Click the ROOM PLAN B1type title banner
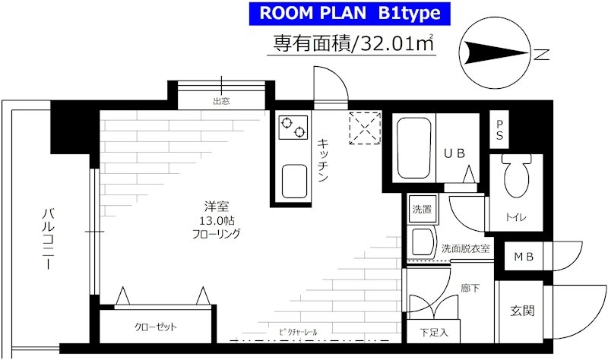pyautogui.click(x=350, y=14)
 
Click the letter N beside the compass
pyautogui.click(x=541, y=55)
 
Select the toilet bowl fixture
pyautogui.click(x=517, y=175)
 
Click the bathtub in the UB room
pyautogui.click(x=414, y=148)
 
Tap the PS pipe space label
pyautogui.click(x=499, y=130)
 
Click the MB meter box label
pyautogui.click(x=524, y=257)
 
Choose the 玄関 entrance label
pyautogui.click(x=522, y=311)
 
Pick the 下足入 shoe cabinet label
pyautogui.click(x=434, y=332)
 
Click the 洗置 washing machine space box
pyautogui.click(x=423, y=210)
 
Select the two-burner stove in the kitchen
pyautogui.click(x=293, y=127)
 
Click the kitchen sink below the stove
pyautogui.click(x=294, y=182)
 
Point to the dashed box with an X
pyautogui.click(x=365, y=128)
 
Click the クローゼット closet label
pyautogui.click(x=156, y=327)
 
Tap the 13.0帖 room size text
pyautogui.click(x=217, y=221)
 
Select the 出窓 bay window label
pyautogui.click(x=221, y=102)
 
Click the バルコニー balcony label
pyautogui.click(x=48, y=238)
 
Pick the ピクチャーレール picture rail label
pyautogui.click(x=298, y=332)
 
